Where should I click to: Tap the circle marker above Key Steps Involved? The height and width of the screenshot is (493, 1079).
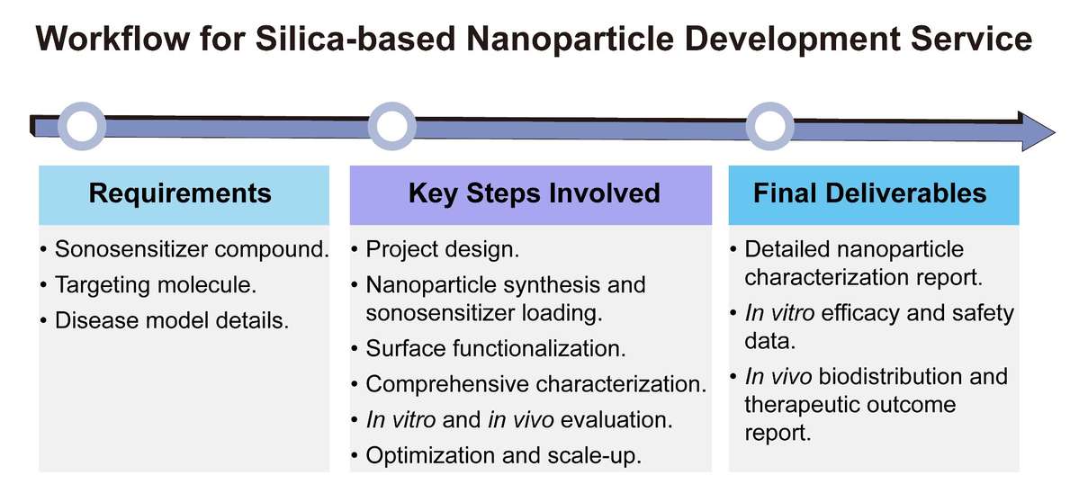pyautogui.click(x=391, y=128)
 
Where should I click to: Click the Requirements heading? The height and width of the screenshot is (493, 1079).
pyautogui.click(x=180, y=193)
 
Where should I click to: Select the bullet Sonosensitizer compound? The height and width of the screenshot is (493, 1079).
pyautogui.click(x=192, y=249)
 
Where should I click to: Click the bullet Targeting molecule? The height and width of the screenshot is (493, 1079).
pyautogui.click(x=155, y=284)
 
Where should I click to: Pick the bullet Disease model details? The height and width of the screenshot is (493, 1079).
pyautogui.click(x=172, y=319)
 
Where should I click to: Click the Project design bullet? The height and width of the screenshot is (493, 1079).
pyautogui.click(x=442, y=249)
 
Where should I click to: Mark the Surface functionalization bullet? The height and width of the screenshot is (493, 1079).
pyautogui.click(x=495, y=348)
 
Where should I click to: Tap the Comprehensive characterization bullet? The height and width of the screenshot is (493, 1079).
pyautogui.click(x=535, y=384)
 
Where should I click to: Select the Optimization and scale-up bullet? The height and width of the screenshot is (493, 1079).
pyautogui.click(x=503, y=455)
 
